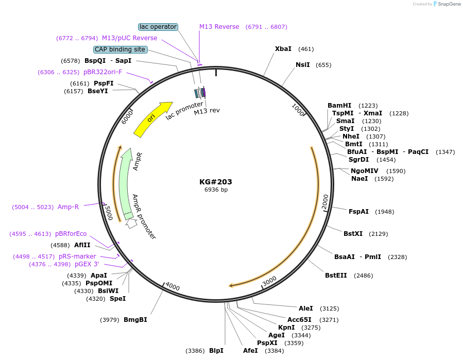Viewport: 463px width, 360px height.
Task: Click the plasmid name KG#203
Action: pyautogui.click(x=216, y=182)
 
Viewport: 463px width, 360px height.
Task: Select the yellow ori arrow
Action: pyautogui.click(x=152, y=119)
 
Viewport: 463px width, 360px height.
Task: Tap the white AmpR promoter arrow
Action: pyautogui.click(x=131, y=223)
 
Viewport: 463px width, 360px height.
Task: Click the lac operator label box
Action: pyautogui.click(x=158, y=27)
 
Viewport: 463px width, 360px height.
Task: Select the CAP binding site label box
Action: pyautogui.click(x=120, y=49)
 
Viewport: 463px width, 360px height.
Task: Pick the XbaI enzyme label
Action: pyautogui.click(x=283, y=49)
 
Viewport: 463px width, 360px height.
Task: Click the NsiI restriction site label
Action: pyautogui.click(x=303, y=65)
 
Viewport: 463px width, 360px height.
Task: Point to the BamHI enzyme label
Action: pyautogui.click(x=339, y=106)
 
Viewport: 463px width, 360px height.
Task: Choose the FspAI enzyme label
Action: pyautogui.click(x=358, y=212)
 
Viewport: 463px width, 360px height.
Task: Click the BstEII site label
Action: pyautogui.click(x=336, y=276)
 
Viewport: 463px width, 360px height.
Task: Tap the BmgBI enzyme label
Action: pyautogui.click(x=135, y=320)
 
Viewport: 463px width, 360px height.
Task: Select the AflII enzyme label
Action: pyautogui.click(x=82, y=245)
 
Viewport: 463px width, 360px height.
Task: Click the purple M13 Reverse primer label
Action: pyautogui.click(x=219, y=27)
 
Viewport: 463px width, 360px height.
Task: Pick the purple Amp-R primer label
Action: pyautogui.click(x=68, y=207)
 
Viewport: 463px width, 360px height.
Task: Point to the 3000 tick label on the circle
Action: pyautogui.click(x=270, y=282)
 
